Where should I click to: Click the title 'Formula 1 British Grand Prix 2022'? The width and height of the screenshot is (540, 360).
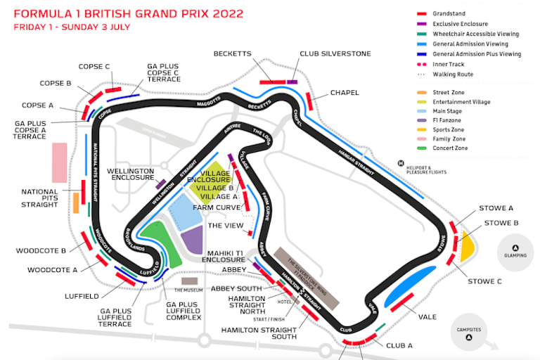tap(129, 13)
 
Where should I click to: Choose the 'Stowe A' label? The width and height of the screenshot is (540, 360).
tap(496, 208)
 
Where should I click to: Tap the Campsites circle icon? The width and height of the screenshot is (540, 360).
tap(468, 338)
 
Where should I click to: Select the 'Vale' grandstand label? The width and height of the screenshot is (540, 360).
tap(427, 316)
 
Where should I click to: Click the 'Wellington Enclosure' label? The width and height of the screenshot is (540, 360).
tap(130, 174)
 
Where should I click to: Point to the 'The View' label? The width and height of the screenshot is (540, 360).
tap(224, 225)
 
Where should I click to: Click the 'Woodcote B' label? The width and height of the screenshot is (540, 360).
tap(41, 250)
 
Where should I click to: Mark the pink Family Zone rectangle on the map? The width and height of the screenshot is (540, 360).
tap(60, 162)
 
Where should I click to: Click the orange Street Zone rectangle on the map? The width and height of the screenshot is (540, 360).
tap(75, 202)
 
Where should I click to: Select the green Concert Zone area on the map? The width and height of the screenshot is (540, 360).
tap(160, 243)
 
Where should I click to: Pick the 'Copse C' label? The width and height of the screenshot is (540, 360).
tap(95, 67)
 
